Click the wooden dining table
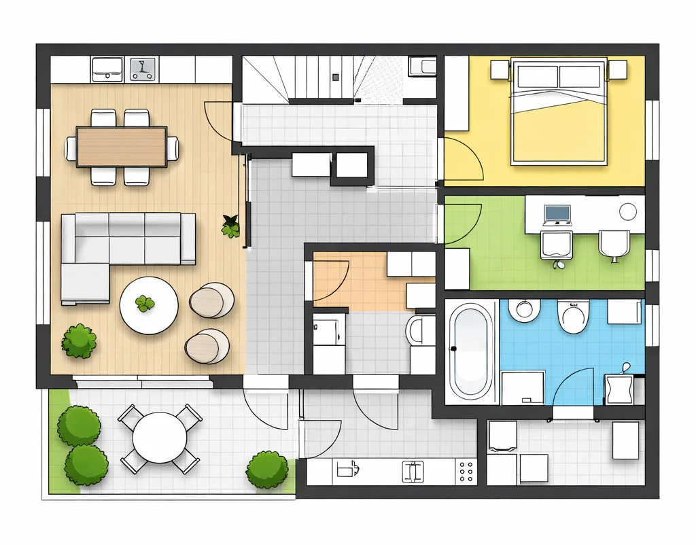122,147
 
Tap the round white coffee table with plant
149,305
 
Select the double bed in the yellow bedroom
559,112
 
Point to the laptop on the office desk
557,214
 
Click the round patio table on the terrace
160,438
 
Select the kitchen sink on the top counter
107,68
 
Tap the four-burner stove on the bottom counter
466,471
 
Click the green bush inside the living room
80,341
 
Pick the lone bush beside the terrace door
266,470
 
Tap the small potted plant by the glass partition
231,226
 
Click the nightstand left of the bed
500,69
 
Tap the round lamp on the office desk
628,211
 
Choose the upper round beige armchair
212,299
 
